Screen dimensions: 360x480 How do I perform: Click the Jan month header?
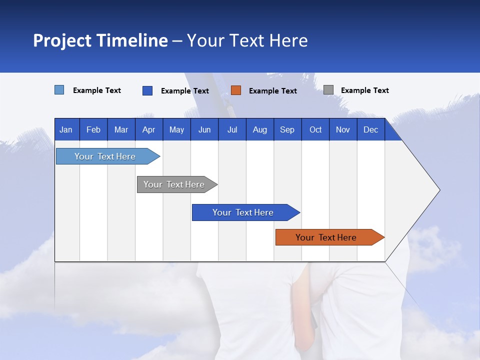point(66,129)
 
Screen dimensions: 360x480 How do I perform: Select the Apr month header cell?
point(148,129)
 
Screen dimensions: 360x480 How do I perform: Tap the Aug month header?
point(259,129)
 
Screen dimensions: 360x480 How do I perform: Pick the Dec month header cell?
point(370,129)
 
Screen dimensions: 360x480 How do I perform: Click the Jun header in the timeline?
point(204,129)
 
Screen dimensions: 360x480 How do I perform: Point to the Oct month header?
point(315,129)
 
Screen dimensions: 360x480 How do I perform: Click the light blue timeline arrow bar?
point(105,156)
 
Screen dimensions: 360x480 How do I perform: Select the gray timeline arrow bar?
point(174,184)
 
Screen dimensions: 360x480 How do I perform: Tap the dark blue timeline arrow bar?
point(243,212)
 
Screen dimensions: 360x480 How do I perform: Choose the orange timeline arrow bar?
point(326,237)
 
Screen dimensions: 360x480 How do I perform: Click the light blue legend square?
point(59,90)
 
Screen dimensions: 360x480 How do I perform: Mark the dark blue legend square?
point(147,90)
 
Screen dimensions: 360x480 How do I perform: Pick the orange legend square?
point(236,90)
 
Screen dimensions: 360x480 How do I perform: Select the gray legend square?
point(328,90)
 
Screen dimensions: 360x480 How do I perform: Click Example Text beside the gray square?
point(364,90)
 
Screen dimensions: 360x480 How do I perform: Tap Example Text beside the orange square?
point(272,91)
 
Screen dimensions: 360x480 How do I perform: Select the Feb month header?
point(93,129)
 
